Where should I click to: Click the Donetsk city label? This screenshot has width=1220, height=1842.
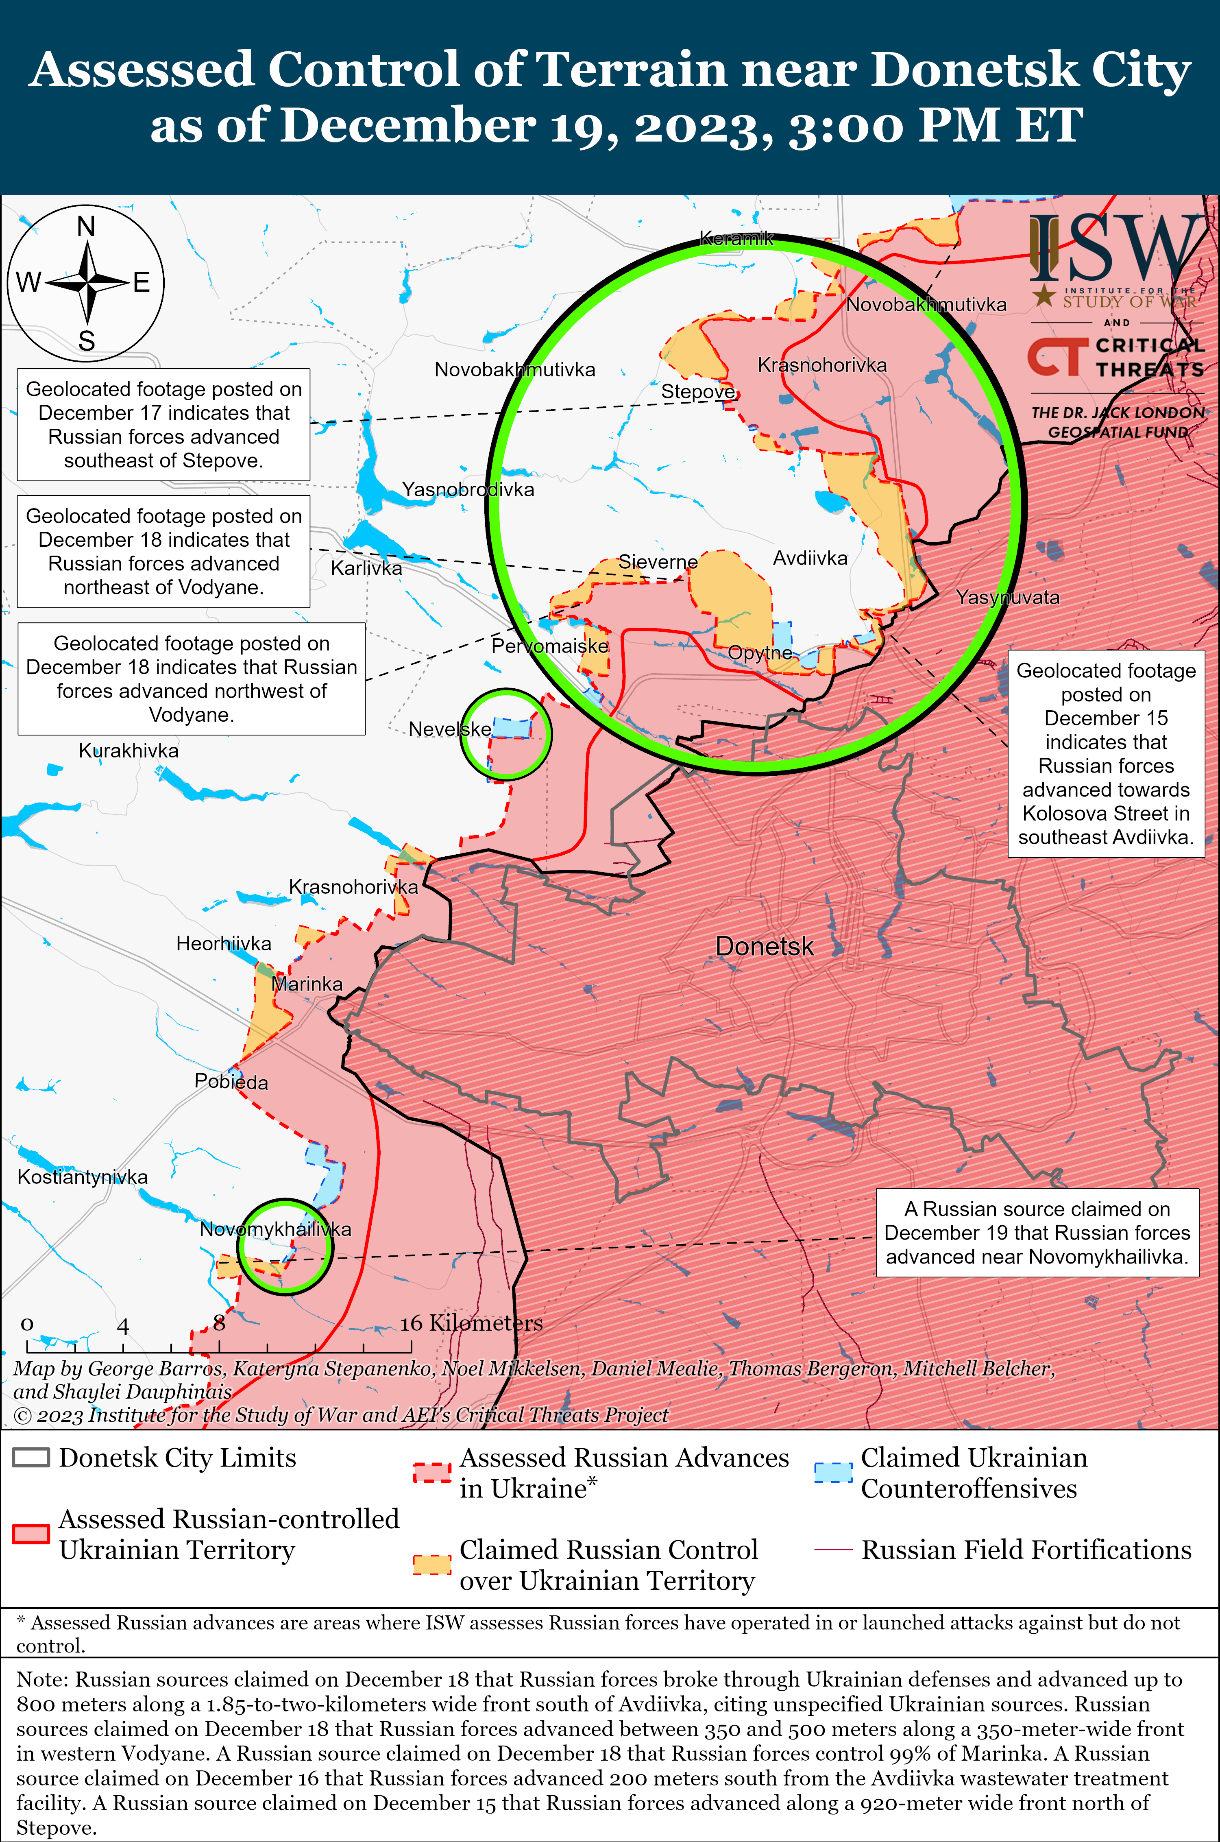click(764, 946)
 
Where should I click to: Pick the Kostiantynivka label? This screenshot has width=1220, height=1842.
click(83, 1176)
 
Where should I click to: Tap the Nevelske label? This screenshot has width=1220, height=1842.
click(450, 729)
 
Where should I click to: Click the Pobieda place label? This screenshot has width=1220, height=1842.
click(231, 1082)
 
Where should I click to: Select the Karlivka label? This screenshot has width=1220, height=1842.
click(366, 568)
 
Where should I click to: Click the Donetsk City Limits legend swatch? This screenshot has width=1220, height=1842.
click(31, 1458)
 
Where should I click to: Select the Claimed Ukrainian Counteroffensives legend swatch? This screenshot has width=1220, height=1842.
click(833, 1472)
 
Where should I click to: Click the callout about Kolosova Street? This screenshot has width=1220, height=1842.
click(1106, 753)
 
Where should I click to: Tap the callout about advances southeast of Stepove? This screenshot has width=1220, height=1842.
click(163, 424)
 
